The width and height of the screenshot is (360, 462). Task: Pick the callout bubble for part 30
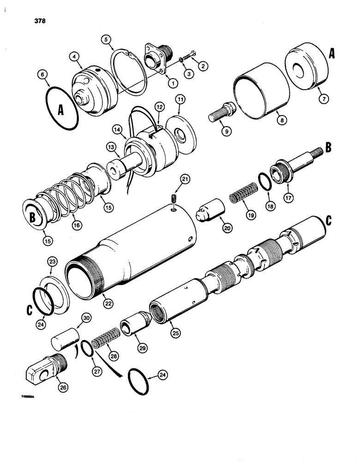click(x=87, y=318)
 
